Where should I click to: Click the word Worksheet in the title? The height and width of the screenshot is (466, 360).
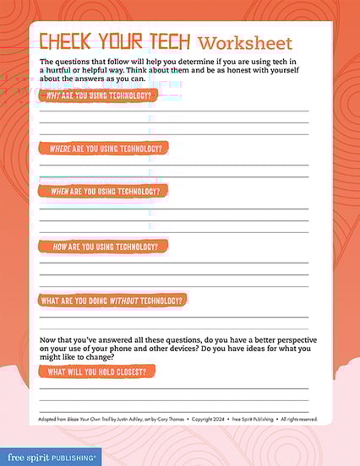[245, 43]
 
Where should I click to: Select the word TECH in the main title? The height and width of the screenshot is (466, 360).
[167, 42]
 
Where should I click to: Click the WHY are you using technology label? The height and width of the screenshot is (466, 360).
[99, 95]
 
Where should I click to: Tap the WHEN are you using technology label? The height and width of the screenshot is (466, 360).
[103, 191]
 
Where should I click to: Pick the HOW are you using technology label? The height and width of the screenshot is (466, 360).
[104, 246]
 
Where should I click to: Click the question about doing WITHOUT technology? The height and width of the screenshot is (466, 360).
[113, 300]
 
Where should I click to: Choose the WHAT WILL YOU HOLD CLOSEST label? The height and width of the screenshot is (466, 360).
[101, 371]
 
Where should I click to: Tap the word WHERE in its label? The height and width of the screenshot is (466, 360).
[60, 148]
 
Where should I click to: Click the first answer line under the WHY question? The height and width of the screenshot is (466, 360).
[173, 111]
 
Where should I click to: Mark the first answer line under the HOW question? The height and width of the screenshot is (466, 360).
[173, 263]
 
